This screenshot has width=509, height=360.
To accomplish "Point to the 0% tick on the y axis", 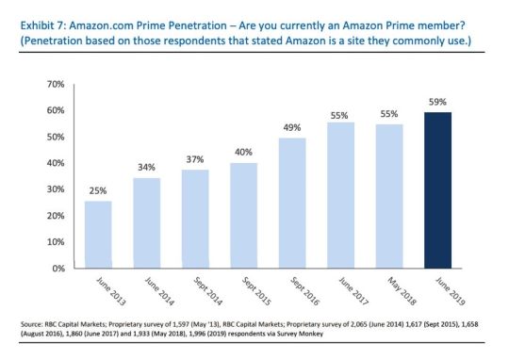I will coord(56,269).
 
